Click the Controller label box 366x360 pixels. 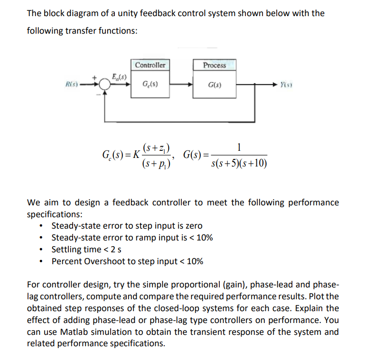150,65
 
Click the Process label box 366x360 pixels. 214,65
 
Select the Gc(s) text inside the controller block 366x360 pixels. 150,85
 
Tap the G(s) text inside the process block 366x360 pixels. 214,86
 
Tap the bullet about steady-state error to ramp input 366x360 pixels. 132,238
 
